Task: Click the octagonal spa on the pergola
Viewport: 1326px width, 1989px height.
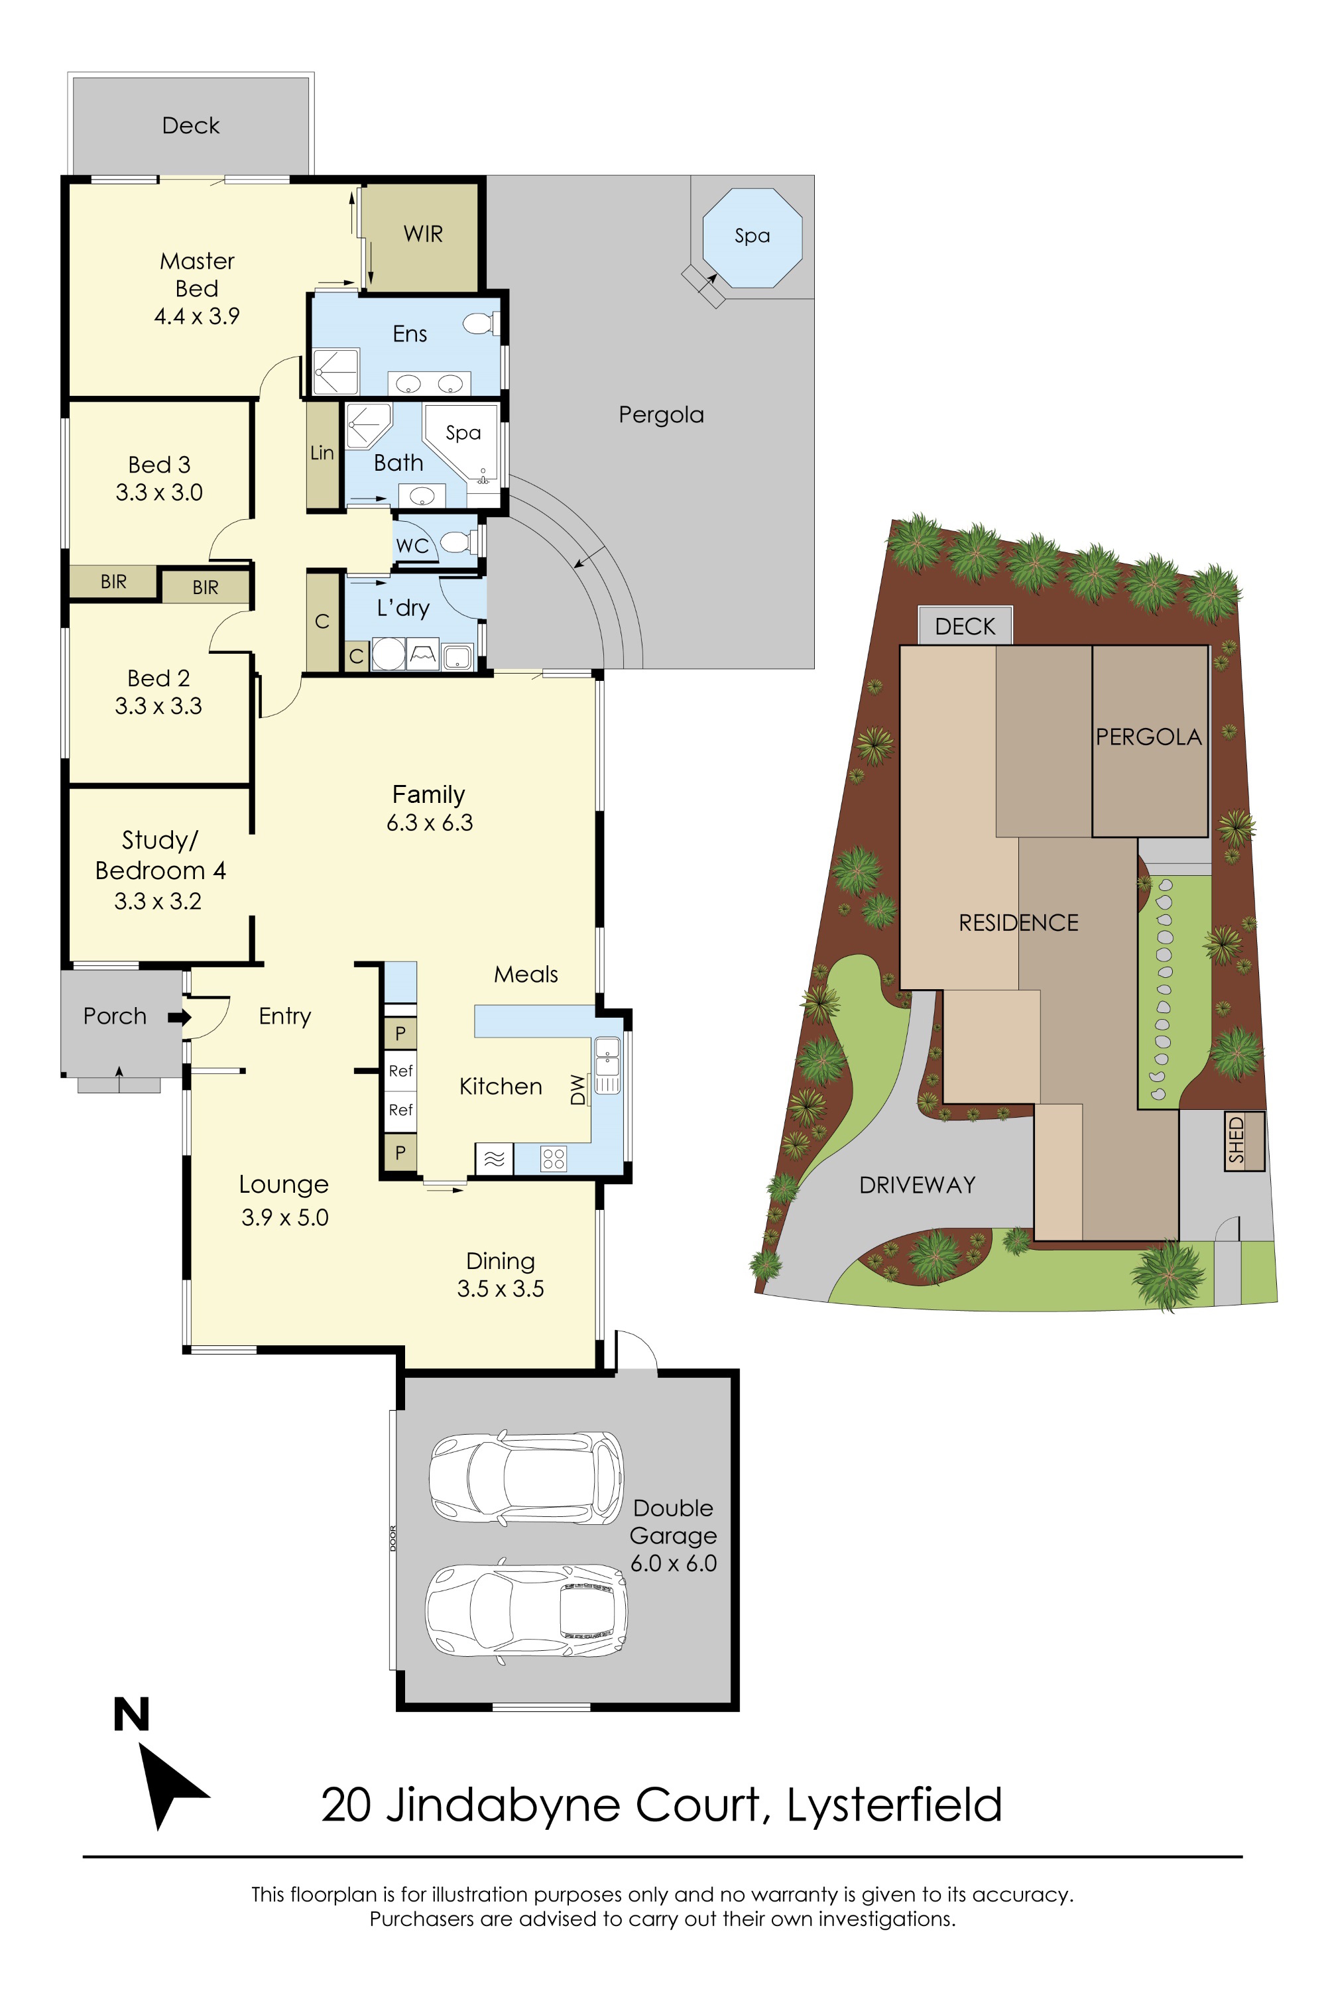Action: [x=752, y=237]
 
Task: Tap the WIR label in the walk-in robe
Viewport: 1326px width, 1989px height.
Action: [x=423, y=234]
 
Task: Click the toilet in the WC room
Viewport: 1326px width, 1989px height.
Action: [x=461, y=541]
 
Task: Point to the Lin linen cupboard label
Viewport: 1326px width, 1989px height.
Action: [x=322, y=453]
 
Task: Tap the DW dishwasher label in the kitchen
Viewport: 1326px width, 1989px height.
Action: [x=577, y=1089]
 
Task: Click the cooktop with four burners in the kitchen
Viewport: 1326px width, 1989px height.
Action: [x=553, y=1158]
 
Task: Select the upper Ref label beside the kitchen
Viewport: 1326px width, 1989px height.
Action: [x=400, y=1071]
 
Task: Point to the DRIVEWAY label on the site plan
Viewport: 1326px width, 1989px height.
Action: [x=917, y=1185]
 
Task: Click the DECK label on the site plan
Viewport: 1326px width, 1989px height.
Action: [x=965, y=627]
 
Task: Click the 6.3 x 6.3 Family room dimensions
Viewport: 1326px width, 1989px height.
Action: [x=430, y=823]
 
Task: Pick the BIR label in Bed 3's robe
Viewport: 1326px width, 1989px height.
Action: [x=113, y=582]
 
